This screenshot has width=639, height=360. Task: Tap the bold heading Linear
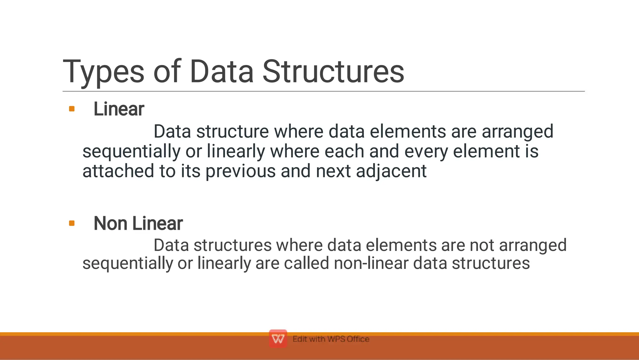tap(119, 109)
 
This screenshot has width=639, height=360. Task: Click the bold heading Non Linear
tap(138, 224)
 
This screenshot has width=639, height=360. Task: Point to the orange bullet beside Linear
tap(72, 109)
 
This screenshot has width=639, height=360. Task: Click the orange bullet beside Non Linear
tap(72, 223)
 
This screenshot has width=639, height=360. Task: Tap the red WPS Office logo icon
tap(278, 339)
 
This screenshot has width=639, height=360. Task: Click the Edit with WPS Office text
tap(331, 339)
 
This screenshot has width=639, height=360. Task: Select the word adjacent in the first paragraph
tap(391, 171)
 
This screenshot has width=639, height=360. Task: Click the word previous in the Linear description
tap(240, 171)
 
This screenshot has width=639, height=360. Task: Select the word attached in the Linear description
tap(118, 171)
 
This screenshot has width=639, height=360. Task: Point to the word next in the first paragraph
tap(333, 171)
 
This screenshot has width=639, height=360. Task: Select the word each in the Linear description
tap(344, 151)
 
